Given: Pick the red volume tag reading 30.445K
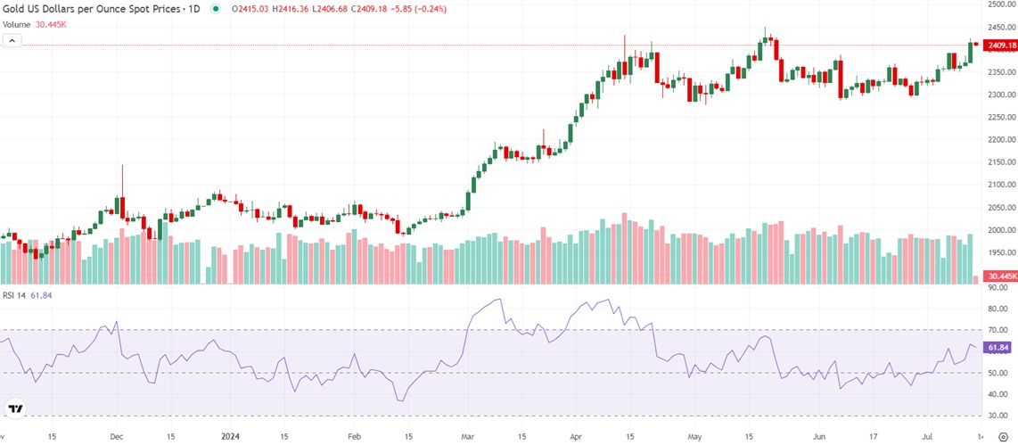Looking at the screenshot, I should tap(1000, 277).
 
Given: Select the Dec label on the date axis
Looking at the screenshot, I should tap(117, 437).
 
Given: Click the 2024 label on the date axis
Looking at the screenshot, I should tap(229, 437).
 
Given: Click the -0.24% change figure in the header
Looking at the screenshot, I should tap(432, 9).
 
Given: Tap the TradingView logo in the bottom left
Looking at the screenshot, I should tap(15, 409).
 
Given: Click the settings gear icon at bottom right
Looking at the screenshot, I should tap(1001, 437).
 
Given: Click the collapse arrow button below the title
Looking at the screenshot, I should tap(12, 41).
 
